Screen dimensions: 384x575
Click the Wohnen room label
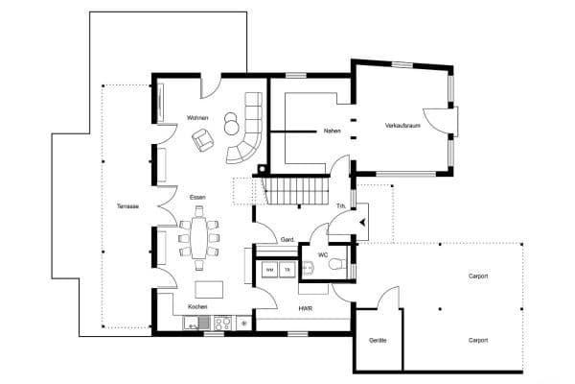pyautogui.click(x=198, y=117)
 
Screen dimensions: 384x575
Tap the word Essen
pyautogui.click(x=197, y=196)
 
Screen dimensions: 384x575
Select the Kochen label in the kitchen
pyautogui.click(x=197, y=306)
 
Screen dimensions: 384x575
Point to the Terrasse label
pyautogui.click(x=127, y=206)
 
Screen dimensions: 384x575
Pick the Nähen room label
pyautogui.click(x=333, y=129)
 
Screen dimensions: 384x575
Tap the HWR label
pyautogui.click(x=305, y=309)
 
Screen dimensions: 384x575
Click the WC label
pyautogui.click(x=323, y=255)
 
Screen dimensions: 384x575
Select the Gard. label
pyautogui.click(x=287, y=240)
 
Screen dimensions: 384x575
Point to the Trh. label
pyautogui.click(x=340, y=205)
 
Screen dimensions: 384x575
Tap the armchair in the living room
pyautogui.click(x=203, y=141)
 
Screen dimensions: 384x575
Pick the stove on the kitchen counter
pyautogui.click(x=221, y=324)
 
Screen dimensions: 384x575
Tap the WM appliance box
pyautogui.click(x=269, y=271)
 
